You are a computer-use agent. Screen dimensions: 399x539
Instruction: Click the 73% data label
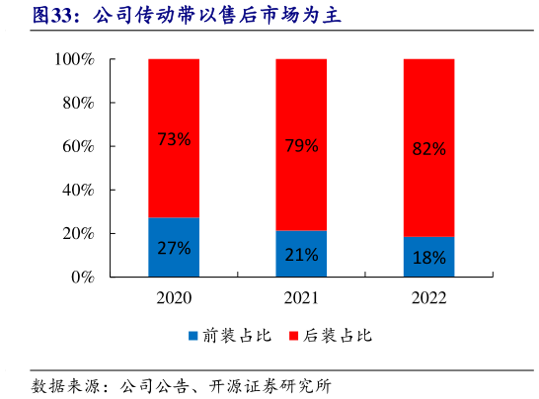174,139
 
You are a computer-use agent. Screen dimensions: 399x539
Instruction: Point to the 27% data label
174,248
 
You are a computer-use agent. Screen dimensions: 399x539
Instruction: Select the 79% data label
301,146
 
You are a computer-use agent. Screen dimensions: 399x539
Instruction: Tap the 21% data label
301,255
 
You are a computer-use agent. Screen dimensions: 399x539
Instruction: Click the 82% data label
428,149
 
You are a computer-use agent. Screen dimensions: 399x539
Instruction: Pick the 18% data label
428,258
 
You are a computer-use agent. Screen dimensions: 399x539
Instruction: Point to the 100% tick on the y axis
74,60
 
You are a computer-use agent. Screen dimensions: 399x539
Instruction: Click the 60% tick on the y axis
78,147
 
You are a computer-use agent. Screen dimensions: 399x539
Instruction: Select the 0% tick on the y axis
82,278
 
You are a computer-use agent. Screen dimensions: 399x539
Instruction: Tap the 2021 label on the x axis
301,297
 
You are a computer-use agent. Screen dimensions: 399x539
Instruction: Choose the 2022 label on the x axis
428,297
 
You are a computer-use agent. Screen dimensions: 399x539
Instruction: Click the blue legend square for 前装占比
192,336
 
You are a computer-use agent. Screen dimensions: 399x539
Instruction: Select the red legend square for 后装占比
293,336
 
